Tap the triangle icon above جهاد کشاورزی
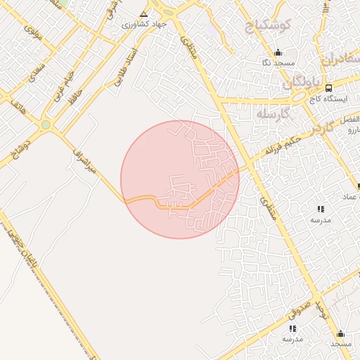tap(144, 13)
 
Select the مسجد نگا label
tap(278, 63)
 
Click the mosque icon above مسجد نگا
tap(278, 53)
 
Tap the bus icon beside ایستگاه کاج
tap(328, 88)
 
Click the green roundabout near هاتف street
tap(46, 124)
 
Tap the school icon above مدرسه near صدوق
tap(292, 328)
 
